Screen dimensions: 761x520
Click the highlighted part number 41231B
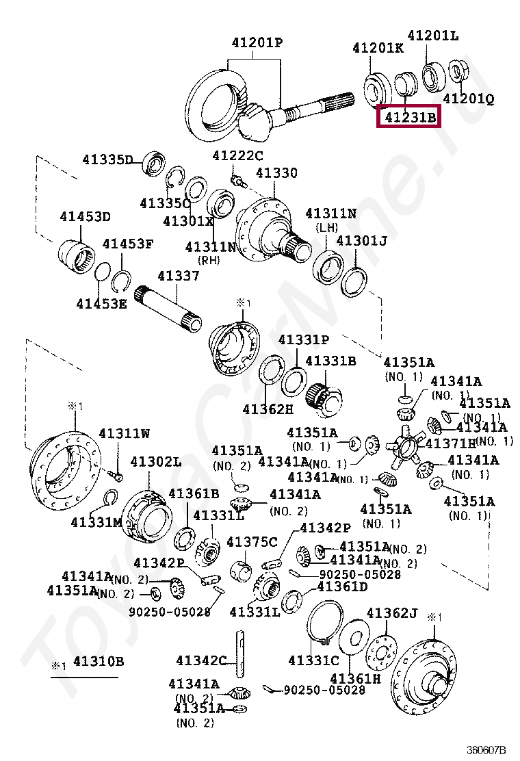[410, 118]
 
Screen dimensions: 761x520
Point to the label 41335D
[108, 159]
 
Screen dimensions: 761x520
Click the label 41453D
[85, 217]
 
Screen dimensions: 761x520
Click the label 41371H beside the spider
[451, 443]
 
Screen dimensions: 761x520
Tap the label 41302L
[156, 462]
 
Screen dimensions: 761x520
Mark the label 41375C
[252, 543]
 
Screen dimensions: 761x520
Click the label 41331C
[313, 660]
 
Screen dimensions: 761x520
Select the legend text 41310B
[99, 661]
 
